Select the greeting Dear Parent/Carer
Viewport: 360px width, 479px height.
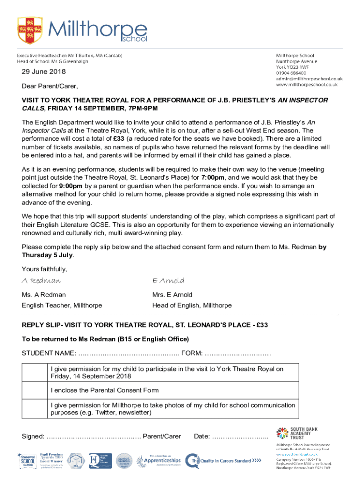point(50,87)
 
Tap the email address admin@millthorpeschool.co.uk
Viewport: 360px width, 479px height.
point(309,79)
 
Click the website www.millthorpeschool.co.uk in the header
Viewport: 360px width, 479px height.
point(307,85)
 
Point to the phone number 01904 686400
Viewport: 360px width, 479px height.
point(291,73)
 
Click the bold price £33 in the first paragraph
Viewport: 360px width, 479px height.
point(120,138)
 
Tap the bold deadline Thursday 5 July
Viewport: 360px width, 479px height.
point(47,255)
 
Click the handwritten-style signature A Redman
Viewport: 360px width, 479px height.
point(41,281)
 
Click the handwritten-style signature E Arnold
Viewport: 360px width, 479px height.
point(168,281)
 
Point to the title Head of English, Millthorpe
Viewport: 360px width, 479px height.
point(192,305)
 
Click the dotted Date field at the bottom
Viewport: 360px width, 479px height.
point(240,436)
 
